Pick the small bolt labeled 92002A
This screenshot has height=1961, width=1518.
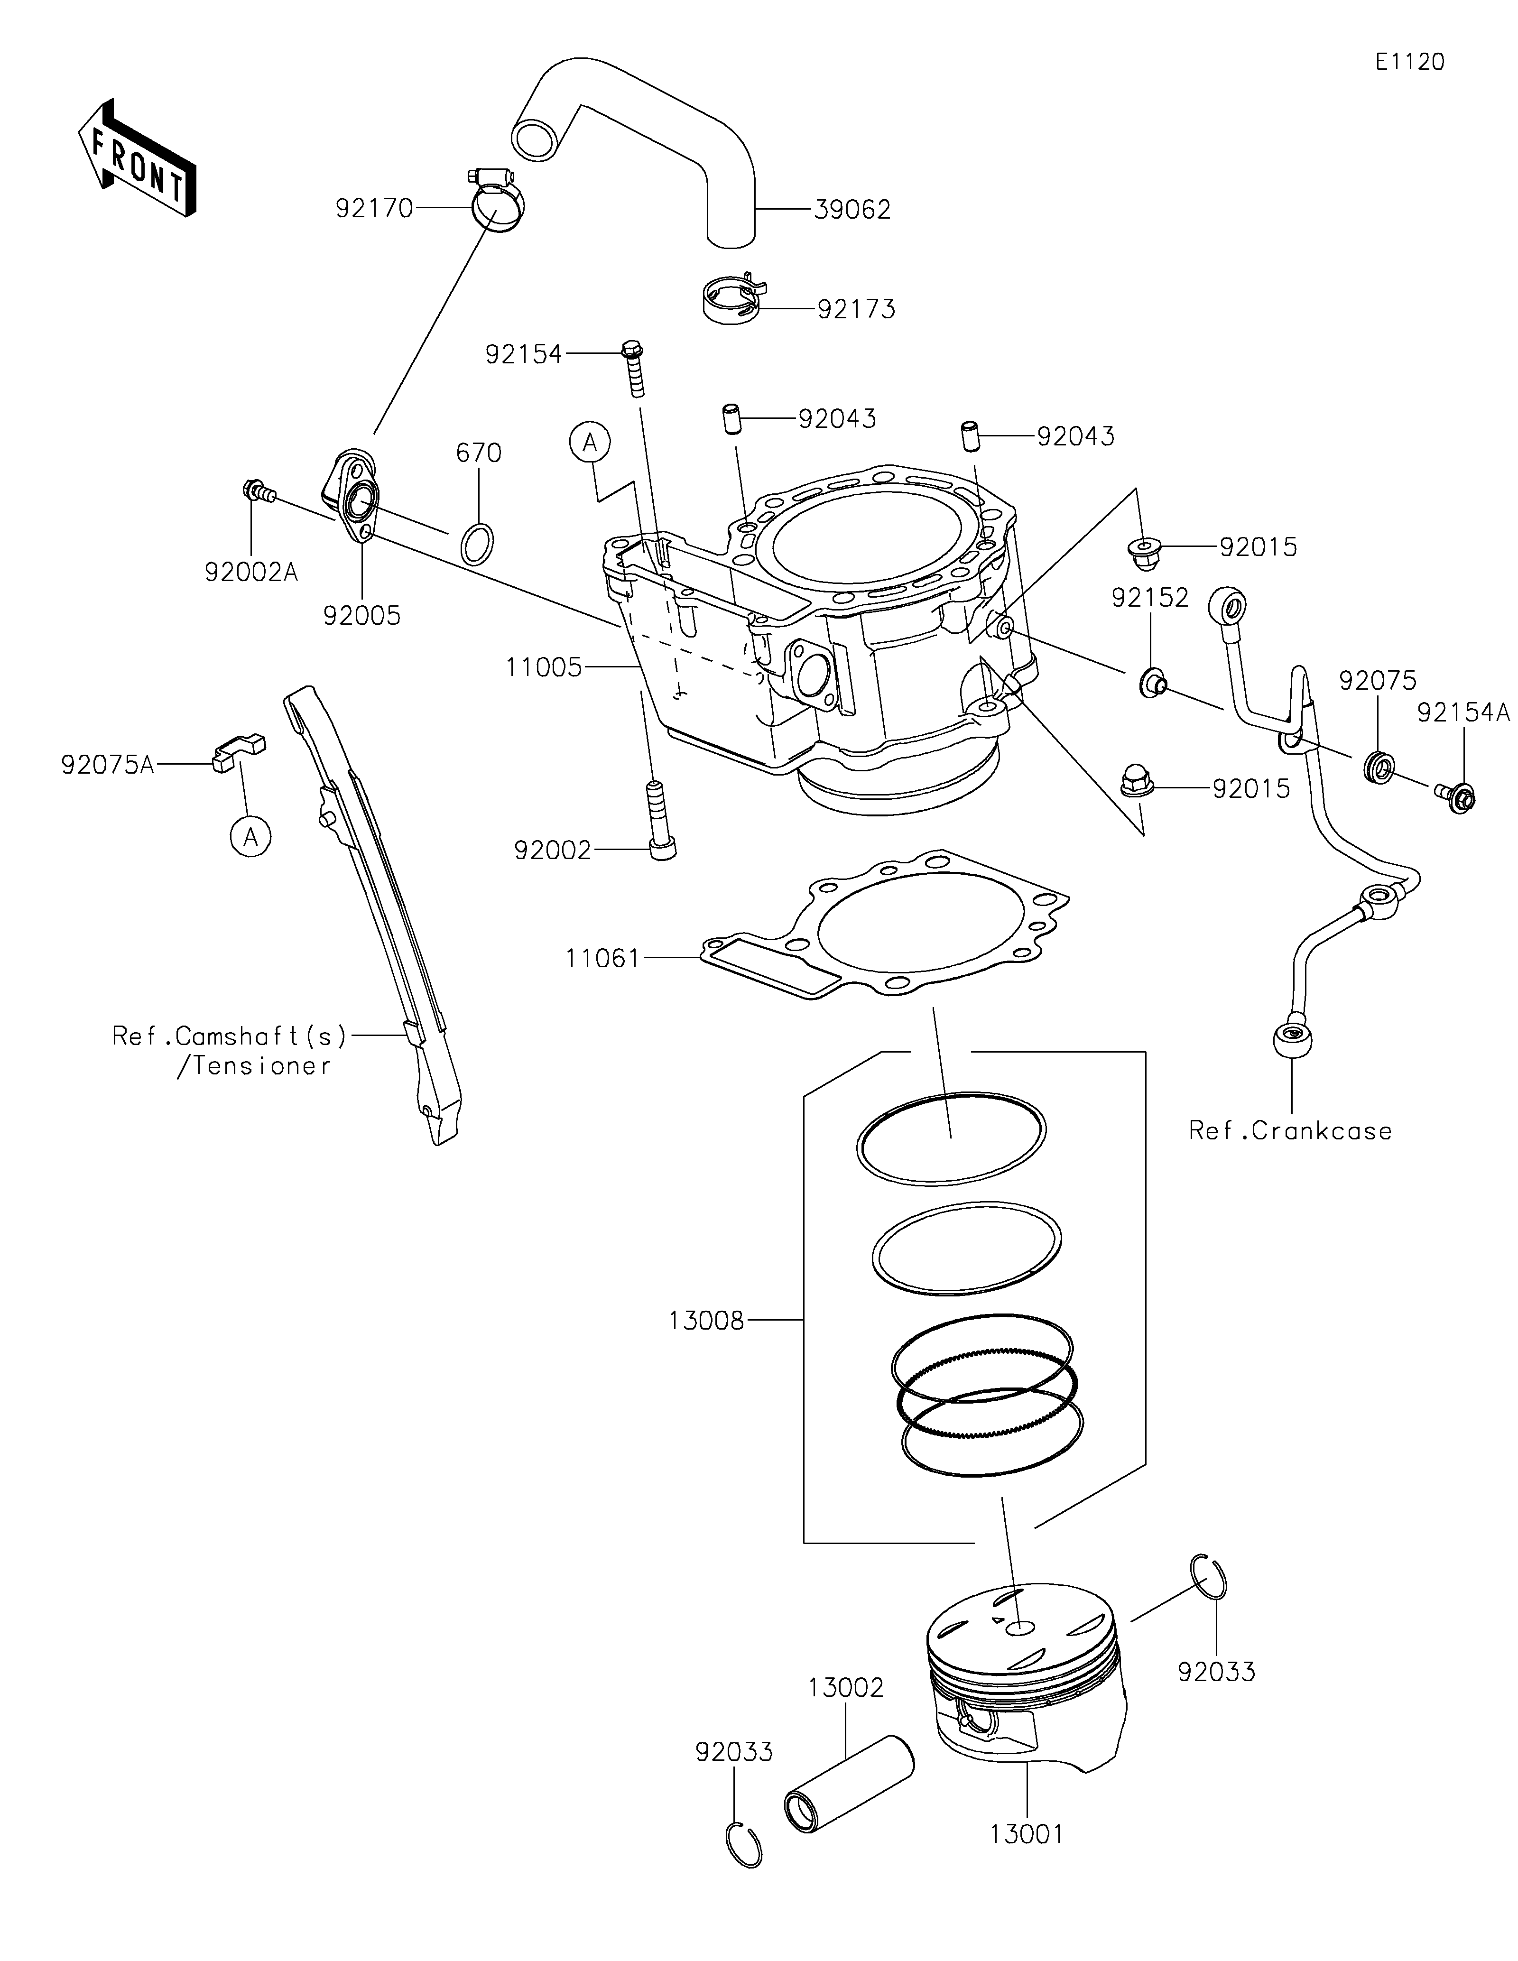(258, 491)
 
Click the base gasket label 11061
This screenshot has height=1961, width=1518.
(602, 959)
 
